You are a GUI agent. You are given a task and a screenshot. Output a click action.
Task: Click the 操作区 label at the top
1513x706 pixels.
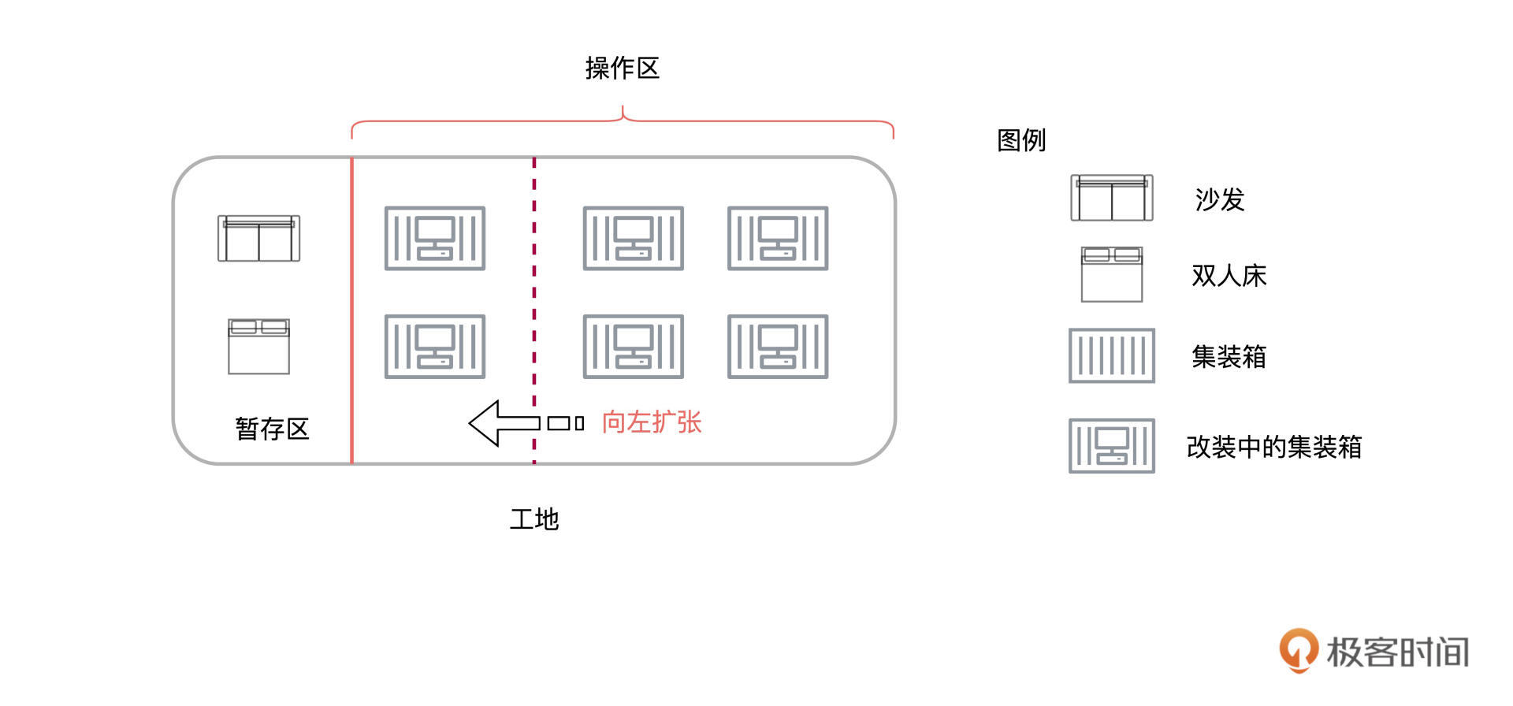pyautogui.click(x=622, y=69)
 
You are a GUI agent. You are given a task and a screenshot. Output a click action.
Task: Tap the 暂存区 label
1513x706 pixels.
pyautogui.click(x=272, y=429)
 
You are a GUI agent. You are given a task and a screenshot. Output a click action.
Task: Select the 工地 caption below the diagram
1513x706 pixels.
pyautogui.click(x=533, y=519)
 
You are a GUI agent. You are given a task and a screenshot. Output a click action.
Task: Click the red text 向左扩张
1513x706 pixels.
pyautogui.click(x=651, y=422)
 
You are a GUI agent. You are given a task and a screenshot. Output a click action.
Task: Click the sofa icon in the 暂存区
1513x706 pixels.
pyautogui.click(x=258, y=238)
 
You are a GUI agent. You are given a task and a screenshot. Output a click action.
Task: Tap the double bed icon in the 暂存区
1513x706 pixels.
pyautogui.click(x=258, y=346)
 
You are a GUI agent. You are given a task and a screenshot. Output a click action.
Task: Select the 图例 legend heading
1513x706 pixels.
pyautogui.click(x=1021, y=140)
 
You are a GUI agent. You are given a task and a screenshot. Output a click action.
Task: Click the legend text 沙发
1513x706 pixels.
pyautogui.click(x=1219, y=199)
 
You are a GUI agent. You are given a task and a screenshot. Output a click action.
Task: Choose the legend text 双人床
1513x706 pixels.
pyautogui.click(x=1229, y=276)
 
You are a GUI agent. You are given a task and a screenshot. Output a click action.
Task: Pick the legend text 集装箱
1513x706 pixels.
pyautogui.click(x=1229, y=357)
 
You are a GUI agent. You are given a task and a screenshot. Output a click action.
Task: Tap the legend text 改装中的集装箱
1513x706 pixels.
pyautogui.click(x=1273, y=447)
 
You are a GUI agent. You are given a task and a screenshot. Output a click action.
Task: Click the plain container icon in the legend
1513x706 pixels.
pyautogui.click(x=1111, y=356)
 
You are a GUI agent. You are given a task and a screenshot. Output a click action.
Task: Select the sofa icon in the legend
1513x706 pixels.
pyautogui.click(x=1111, y=198)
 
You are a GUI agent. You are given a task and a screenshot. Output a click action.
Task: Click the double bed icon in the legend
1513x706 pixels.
pyautogui.click(x=1111, y=274)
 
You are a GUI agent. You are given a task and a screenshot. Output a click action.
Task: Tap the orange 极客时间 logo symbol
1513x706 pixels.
pyautogui.click(x=1297, y=649)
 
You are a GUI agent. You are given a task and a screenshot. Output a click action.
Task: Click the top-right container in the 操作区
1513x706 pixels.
pyautogui.click(x=777, y=238)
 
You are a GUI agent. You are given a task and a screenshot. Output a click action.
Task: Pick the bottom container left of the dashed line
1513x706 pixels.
pyautogui.click(x=434, y=347)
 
